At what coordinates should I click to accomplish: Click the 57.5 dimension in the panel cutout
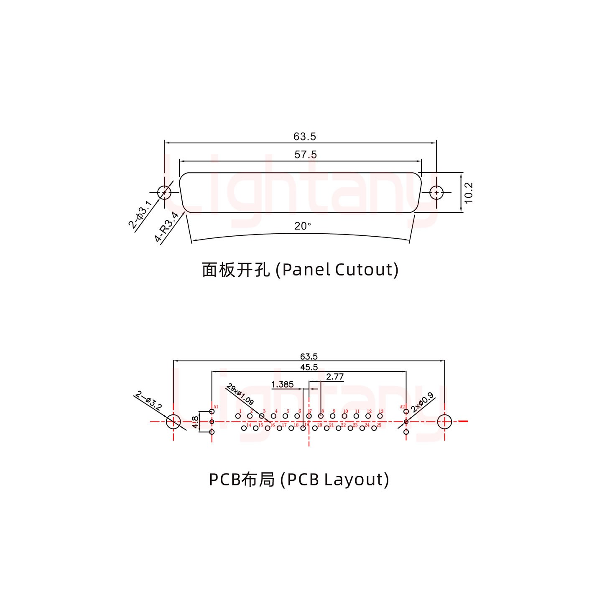306,155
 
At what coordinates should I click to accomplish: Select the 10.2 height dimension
469,192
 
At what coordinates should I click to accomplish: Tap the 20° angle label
303,226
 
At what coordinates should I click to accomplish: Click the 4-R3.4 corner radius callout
166,228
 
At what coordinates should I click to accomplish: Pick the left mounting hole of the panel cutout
164,193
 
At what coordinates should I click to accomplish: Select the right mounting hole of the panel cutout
436,193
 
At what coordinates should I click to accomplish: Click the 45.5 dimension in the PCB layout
309,367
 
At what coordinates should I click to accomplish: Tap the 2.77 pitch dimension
335,377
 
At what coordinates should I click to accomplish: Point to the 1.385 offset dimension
283,385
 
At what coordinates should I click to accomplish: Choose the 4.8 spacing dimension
195,422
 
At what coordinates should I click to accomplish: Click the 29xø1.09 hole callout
240,394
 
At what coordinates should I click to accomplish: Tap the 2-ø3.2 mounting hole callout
149,400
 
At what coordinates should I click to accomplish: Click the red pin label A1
216,407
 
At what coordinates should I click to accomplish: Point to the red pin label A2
402,407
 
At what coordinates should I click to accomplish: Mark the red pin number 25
379,425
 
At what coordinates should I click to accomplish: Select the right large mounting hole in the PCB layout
444,422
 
